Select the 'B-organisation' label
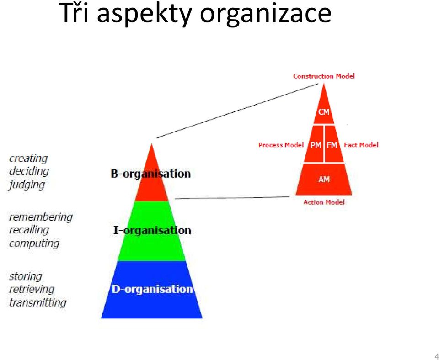(x=150, y=174)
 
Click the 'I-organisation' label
(x=152, y=231)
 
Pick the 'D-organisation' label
(x=152, y=289)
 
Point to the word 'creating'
(x=28, y=159)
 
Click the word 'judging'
(x=27, y=185)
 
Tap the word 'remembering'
(x=41, y=217)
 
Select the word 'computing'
(x=34, y=244)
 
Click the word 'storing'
(x=26, y=276)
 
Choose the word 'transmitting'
(x=37, y=302)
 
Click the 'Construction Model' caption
(x=324, y=76)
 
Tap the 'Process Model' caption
(x=281, y=145)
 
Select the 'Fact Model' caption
(x=361, y=145)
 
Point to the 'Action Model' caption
(x=324, y=202)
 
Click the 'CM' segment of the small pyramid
(x=324, y=112)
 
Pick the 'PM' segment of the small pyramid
(x=314, y=145)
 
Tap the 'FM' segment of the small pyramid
(x=334, y=145)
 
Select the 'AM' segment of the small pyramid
(x=324, y=179)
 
